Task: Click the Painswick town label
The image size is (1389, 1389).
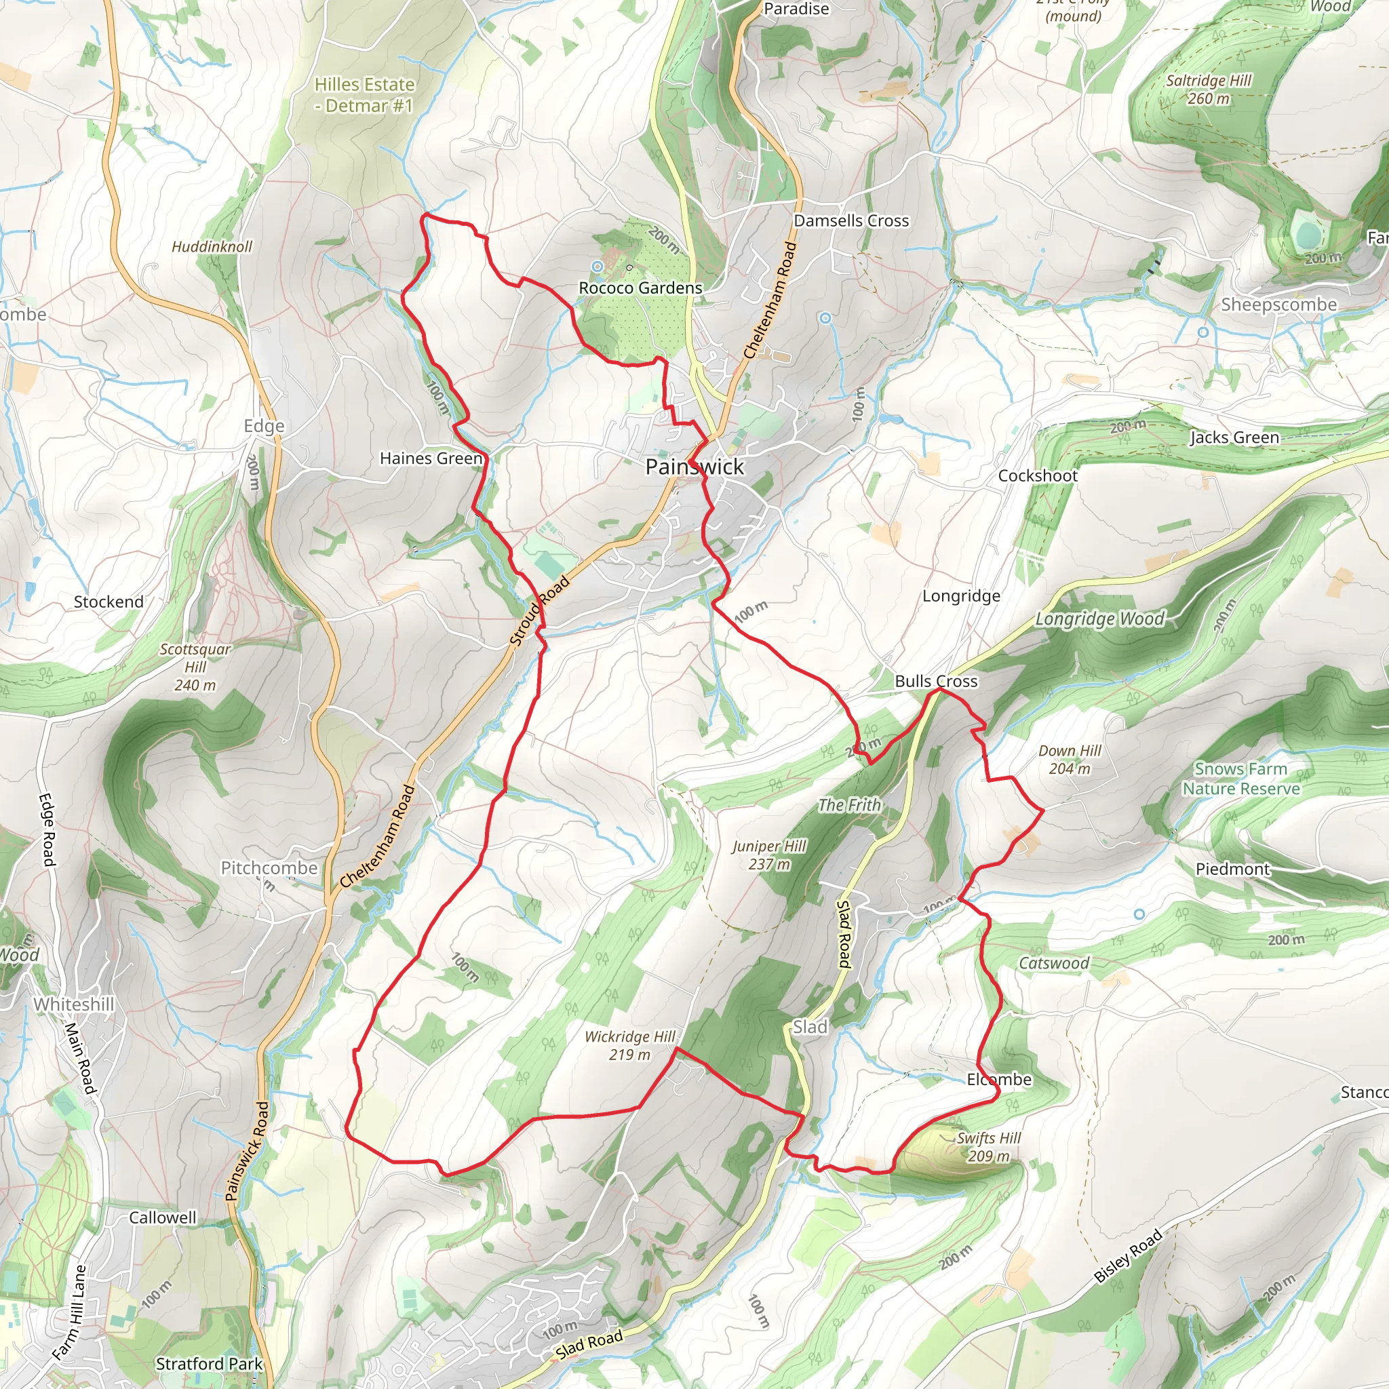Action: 694,467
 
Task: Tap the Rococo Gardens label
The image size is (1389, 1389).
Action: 640,288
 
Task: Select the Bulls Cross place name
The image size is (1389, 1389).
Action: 936,681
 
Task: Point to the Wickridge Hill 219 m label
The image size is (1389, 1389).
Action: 630,1045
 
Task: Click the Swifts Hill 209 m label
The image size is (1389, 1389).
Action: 989,1147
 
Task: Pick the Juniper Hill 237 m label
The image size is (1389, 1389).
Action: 769,855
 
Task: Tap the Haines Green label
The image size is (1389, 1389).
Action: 431,458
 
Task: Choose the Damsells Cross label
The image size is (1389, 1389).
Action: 851,220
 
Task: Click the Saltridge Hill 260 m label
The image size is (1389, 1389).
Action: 1209,89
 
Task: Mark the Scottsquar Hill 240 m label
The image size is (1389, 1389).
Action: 195,667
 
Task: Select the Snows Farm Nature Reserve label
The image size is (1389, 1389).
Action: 1241,779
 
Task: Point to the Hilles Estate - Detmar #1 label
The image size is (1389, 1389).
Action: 364,95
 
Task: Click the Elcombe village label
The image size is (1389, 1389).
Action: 998,1079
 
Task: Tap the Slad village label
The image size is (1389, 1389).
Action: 810,1027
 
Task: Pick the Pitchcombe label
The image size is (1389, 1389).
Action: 269,867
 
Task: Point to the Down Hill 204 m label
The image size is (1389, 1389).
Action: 1070,759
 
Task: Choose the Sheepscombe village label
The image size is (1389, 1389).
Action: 1279,304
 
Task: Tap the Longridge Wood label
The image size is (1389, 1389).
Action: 1100,619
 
